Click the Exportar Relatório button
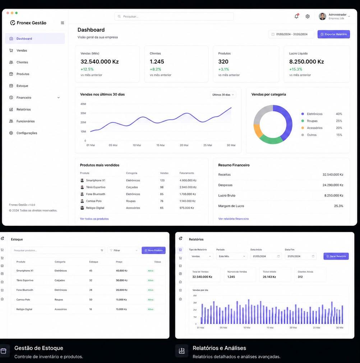pyautogui.click(x=333, y=34)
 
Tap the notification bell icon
pyautogui.click(x=296, y=16)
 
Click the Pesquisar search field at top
pyautogui.click(x=174, y=17)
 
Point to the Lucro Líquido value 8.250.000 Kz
pyautogui.click(x=306, y=62)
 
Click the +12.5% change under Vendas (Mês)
pyautogui.click(x=87, y=69)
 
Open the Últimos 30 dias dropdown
pyautogui.click(x=223, y=95)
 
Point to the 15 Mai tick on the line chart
pyautogui.click(x=160, y=145)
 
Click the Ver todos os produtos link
pyautogui.click(x=94, y=219)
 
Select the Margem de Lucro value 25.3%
pyautogui.click(x=338, y=206)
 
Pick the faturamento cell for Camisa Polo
pyautogui.click(x=188, y=201)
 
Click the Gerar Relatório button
pyautogui.click(x=336, y=256)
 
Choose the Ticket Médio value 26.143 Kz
pyautogui.click(x=269, y=277)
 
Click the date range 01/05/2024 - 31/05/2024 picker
pyautogui.click(x=291, y=34)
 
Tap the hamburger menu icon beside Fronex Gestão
pyautogui.click(x=62, y=23)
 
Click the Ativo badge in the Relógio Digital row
pyautogui.click(x=151, y=309)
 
